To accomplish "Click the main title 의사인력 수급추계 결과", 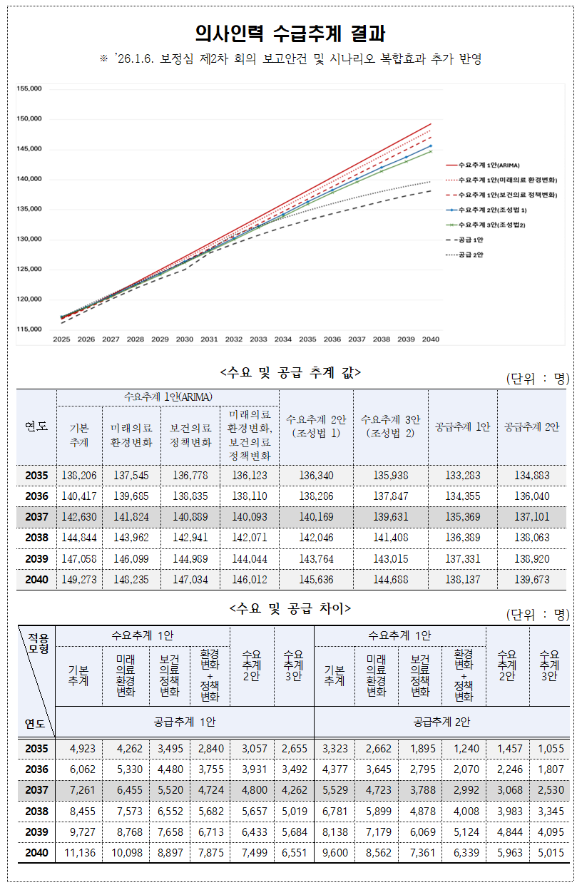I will coord(291,34).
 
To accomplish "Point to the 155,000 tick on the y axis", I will coord(29,89).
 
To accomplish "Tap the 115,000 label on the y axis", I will coord(29,329).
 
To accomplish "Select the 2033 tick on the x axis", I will coord(258,339).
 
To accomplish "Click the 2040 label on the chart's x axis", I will coord(430,339).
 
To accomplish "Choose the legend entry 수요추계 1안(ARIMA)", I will coord(499,164).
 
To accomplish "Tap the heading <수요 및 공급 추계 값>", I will coord(291,372).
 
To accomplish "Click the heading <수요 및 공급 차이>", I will coord(291,608).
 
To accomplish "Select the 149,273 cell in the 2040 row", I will coord(79,580).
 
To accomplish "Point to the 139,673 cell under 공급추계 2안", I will coord(531,580).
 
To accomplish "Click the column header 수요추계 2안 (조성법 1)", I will coord(316,426).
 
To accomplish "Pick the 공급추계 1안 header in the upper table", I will coord(461,426).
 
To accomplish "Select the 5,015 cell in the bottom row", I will coord(550,853).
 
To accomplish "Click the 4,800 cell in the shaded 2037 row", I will coord(251,790).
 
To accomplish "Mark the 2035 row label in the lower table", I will coord(36,749).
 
